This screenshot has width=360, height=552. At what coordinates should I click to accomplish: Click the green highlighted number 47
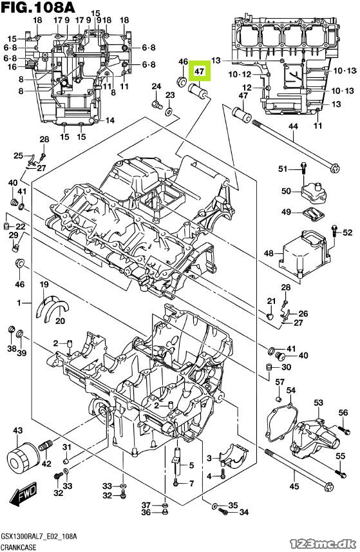click(200, 71)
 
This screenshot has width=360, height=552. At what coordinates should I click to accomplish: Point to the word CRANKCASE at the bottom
click(19, 547)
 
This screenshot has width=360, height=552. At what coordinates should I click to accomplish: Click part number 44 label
click(293, 126)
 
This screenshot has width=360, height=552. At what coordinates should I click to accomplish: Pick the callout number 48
click(269, 253)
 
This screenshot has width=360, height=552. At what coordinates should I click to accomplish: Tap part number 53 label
click(319, 403)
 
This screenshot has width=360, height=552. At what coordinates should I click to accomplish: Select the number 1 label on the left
click(19, 302)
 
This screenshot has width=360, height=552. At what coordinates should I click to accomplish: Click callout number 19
click(44, 284)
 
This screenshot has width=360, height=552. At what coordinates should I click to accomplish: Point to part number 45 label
click(294, 486)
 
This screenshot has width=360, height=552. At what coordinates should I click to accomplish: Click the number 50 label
click(286, 191)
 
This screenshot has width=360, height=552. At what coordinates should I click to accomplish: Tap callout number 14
click(109, 120)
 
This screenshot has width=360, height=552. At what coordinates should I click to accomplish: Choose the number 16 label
click(12, 67)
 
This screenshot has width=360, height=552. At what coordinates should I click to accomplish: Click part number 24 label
click(156, 86)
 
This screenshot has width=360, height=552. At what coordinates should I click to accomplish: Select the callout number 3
click(209, 458)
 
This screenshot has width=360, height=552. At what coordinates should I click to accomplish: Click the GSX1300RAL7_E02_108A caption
click(39, 537)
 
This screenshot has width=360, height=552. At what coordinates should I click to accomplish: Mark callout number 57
click(279, 382)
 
